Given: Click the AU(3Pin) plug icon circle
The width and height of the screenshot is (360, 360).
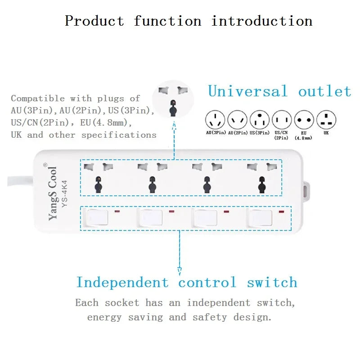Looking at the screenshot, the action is pos(215,120).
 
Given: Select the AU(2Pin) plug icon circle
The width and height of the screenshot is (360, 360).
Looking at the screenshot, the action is pos(238,120).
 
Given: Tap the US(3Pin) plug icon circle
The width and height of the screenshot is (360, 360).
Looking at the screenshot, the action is pos(260,120).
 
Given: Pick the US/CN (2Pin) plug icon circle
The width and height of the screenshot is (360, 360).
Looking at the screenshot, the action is pos(282,120).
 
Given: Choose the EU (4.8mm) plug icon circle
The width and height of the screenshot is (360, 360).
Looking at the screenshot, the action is pos(304,120).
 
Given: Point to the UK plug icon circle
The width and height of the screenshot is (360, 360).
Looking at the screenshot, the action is pos(326,120).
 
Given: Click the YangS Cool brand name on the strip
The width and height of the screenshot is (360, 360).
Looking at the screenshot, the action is pos(52,193).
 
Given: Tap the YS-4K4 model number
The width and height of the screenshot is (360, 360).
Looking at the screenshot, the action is pos(65,194).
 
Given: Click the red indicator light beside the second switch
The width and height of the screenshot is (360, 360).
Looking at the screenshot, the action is pos(171,211).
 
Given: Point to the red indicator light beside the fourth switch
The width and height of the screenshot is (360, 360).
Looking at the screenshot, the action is pos(281,211).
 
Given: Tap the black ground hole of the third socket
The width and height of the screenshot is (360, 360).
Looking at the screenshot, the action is pos(207,184).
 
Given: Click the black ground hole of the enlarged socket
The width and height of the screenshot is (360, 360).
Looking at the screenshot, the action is pos(173,108).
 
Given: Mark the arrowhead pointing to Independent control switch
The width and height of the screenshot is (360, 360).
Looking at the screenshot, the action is pos(180,271).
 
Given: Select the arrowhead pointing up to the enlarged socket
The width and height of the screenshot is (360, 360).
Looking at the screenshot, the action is pos(174,126).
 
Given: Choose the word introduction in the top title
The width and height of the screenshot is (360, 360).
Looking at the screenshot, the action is pos(262,21).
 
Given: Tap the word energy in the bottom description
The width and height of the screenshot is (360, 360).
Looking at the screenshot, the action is pos(104,318).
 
